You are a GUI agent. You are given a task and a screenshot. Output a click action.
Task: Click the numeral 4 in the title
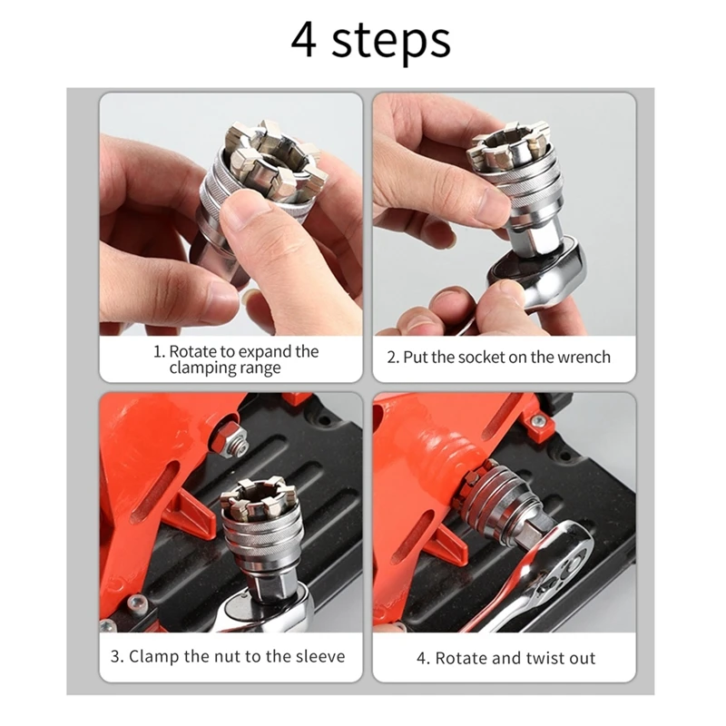click(304, 40)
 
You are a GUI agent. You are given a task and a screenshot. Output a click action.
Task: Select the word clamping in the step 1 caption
click(201, 368)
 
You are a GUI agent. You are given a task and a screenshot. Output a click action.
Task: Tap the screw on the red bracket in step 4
click(538, 421)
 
